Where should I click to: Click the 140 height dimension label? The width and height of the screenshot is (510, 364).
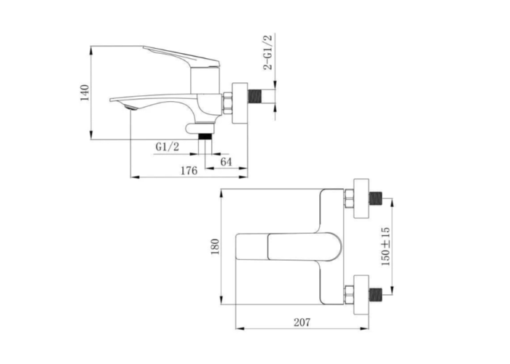(85, 92)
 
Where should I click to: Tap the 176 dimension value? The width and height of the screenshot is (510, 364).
(189, 170)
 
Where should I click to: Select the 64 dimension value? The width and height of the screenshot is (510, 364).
(227, 162)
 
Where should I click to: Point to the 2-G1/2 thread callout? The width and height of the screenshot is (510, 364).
(268, 52)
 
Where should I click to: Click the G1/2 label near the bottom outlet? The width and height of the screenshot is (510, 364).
(167, 147)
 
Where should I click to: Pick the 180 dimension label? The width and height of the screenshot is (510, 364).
(216, 247)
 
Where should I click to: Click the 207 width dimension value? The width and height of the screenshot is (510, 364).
(302, 323)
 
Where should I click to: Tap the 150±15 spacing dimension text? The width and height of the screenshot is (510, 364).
(385, 246)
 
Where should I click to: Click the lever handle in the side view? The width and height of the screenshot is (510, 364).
(182, 56)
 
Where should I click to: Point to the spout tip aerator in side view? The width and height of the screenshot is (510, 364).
(129, 107)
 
